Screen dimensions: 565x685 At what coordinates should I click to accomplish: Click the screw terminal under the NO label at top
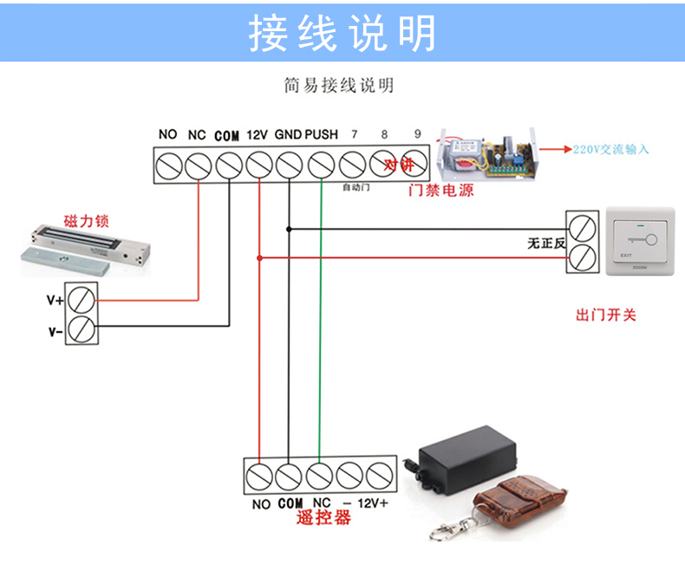pos(167,164)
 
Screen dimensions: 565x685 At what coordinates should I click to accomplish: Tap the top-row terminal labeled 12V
pos(259,164)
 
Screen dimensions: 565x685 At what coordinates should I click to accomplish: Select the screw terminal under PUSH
pos(321,164)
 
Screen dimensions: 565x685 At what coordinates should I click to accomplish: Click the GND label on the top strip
pos(288,135)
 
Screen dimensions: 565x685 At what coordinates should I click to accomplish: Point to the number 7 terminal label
pos(353,135)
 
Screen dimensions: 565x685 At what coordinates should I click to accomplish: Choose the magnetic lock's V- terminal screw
pos(82,330)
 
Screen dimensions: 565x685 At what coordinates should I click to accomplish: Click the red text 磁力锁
pos(88,221)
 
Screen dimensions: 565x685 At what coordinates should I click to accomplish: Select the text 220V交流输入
pos(610,149)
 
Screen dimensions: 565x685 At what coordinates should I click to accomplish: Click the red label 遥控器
pos(323,518)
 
